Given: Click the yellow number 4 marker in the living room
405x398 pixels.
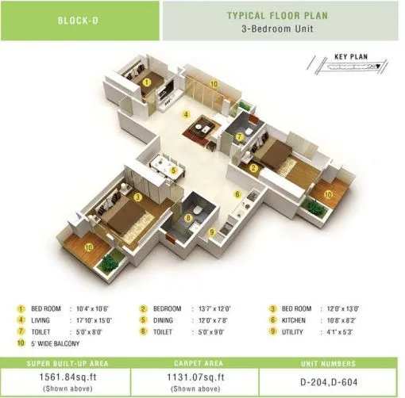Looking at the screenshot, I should click(186, 115).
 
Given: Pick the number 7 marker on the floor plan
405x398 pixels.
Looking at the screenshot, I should click(239, 136).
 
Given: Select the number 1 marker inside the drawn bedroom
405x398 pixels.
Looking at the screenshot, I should click(147, 80).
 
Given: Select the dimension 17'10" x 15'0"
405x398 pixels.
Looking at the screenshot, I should click(93, 320).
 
